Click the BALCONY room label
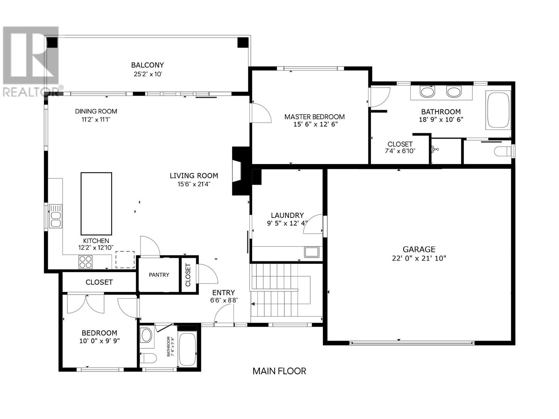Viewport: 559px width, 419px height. pyautogui.click(x=147, y=65)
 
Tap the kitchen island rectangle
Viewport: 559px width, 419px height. pyautogui.click(x=96, y=204)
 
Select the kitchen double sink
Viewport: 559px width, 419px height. pyautogui.click(x=56, y=216)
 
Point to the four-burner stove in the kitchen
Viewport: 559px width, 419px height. pyautogui.click(x=85, y=262)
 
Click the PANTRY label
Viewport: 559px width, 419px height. pyautogui.click(x=159, y=275)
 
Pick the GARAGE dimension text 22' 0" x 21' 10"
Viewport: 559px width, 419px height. pyautogui.click(x=419, y=258)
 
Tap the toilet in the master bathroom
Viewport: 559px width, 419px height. pyautogui.click(x=503, y=152)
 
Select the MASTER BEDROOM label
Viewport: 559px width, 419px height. pyautogui.click(x=314, y=117)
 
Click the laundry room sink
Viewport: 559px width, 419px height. pyautogui.click(x=311, y=252)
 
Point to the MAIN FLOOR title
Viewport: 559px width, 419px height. pyautogui.click(x=279, y=371)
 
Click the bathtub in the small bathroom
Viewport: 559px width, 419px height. pyautogui.click(x=187, y=349)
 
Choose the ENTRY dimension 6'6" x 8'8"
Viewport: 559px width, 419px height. pyautogui.click(x=224, y=300)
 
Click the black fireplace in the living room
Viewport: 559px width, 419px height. pyautogui.click(x=241, y=171)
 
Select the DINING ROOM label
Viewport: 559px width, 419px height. pyautogui.click(x=96, y=111)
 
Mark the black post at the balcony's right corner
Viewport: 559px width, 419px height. pyautogui.click(x=243, y=43)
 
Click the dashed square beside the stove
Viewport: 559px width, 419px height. pyautogui.click(x=125, y=259)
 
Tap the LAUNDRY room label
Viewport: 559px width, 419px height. pyautogui.click(x=287, y=215)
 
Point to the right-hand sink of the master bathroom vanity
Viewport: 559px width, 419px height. pyautogui.click(x=453, y=92)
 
